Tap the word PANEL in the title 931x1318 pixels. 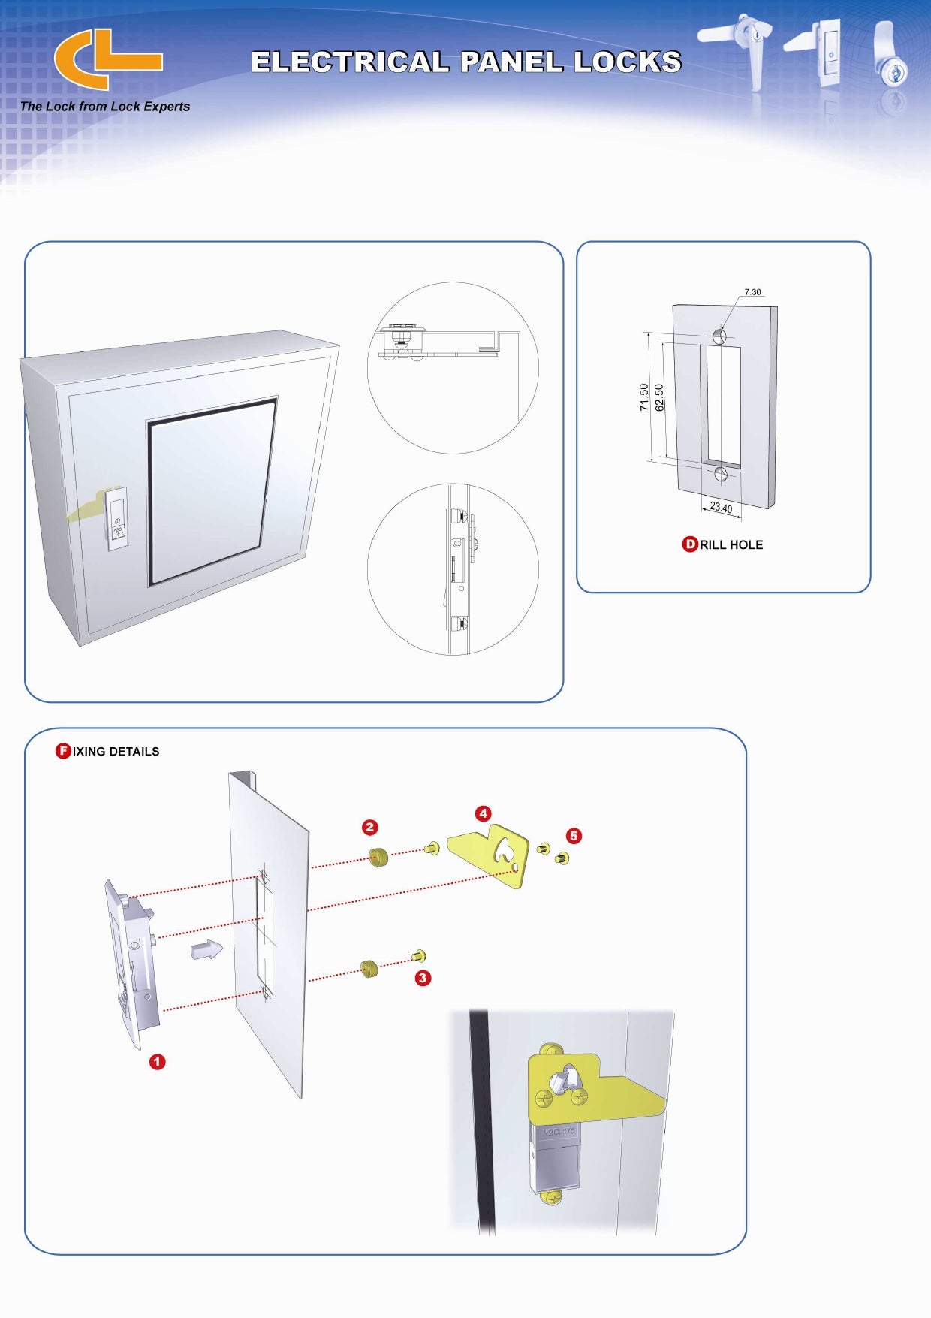(x=511, y=62)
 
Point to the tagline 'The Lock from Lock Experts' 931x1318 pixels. (x=105, y=107)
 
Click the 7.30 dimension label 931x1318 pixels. (x=752, y=292)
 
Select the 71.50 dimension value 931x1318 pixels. (x=644, y=397)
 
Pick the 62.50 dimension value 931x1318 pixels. (x=659, y=397)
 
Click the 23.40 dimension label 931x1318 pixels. (x=721, y=508)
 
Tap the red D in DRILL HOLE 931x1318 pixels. (x=689, y=544)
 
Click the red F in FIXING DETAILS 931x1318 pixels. (x=64, y=751)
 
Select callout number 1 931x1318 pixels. (x=157, y=1061)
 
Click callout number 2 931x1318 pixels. (x=369, y=827)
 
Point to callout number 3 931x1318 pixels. (x=423, y=978)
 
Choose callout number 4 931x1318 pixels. (x=483, y=813)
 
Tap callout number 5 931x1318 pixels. (x=574, y=835)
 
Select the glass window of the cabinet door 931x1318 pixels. (x=211, y=491)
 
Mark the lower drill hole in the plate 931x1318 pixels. (x=721, y=474)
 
